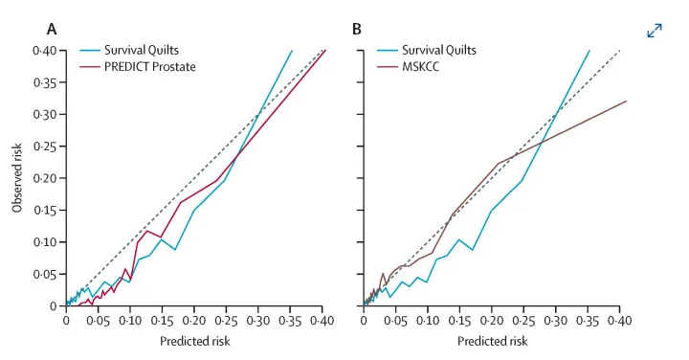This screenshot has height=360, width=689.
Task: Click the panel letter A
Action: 52,30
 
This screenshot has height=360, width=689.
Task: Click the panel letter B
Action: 356,30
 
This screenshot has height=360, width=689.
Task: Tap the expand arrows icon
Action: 655,31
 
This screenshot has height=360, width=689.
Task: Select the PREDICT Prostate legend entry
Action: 138,67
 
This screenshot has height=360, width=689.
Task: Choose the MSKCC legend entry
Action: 408,67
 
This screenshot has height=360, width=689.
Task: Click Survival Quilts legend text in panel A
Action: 142,50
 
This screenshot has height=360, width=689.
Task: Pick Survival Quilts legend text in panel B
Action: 439,50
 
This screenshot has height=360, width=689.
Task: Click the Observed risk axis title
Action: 16,178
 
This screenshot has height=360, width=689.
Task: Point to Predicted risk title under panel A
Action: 194,341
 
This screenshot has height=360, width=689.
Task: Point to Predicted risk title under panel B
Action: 492,341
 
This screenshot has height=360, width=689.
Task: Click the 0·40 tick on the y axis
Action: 45,51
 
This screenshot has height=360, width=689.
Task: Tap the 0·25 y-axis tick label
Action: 45,146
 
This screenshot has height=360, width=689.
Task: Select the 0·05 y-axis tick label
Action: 45,274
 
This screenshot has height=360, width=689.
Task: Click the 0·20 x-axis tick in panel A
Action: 194,321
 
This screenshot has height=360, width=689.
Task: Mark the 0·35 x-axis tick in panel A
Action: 290,321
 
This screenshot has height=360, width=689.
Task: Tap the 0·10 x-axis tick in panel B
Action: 428,321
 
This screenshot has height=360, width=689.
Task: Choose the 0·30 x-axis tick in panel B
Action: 556,321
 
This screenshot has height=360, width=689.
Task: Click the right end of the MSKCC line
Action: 626,101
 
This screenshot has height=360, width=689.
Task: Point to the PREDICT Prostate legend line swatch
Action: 90,67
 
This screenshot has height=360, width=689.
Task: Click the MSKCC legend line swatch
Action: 388,67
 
